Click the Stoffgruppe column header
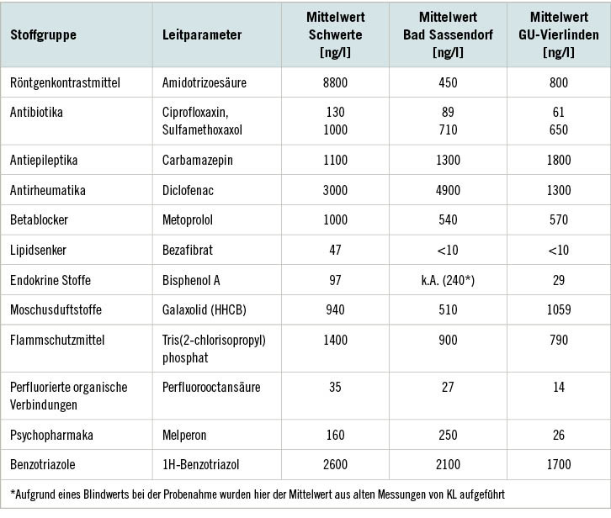(43, 35)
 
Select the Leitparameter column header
(202, 35)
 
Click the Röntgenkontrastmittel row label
(65, 82)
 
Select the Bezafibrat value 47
(334, 250)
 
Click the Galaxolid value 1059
(558, 310)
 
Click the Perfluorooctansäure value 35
(334, 387)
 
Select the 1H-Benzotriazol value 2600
(334, 464)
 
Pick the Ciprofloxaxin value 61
(558, 112)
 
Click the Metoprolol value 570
(558, 219)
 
